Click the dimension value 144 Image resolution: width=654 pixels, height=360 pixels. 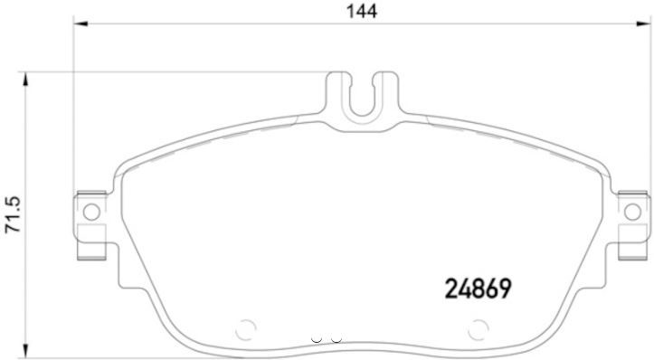point(362,11)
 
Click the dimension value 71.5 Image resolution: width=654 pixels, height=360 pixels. point(13,215)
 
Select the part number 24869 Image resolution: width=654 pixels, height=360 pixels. point(478,289)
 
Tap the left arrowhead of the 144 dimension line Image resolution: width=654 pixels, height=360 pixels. point(81,24)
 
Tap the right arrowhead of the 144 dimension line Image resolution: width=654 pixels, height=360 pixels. point(643,24)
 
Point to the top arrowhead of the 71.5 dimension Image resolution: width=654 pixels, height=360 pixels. point(26,80)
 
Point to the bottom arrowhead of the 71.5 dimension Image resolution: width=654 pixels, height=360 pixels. point(26,351)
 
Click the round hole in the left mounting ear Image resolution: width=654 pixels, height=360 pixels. point(91,212)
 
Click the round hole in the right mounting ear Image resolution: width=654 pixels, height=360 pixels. point(632,212)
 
